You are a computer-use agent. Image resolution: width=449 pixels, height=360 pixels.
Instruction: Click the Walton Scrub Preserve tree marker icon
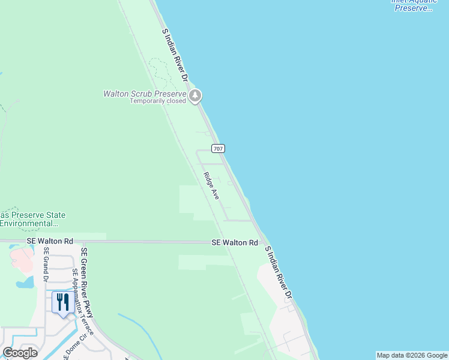pos(194,96)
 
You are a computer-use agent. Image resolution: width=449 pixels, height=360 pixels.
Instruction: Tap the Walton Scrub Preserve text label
pos(145,94)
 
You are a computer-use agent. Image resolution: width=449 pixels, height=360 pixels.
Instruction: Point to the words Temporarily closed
pos(158,101)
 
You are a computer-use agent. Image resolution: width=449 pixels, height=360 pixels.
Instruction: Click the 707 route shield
pos(218,148)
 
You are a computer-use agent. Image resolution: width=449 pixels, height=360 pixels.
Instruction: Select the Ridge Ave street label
pos(211,186)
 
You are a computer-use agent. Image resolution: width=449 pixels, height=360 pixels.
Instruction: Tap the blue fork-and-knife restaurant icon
pos(62,302)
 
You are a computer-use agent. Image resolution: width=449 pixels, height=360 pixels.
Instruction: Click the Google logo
pos(20,353)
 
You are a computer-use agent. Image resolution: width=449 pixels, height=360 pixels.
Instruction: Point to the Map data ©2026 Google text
pos(412,355)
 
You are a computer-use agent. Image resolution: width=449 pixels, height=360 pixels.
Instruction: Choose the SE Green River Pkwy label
pos(88,283)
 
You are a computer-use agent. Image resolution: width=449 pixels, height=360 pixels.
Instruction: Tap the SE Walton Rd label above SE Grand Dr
pos(50,241)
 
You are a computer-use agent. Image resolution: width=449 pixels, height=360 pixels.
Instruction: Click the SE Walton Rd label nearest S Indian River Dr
pos(234,242)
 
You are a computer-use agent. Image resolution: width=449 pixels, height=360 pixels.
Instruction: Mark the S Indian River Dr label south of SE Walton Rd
pos(278,273)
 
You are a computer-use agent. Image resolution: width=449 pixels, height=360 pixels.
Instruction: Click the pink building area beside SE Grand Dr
pos(22,260)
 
